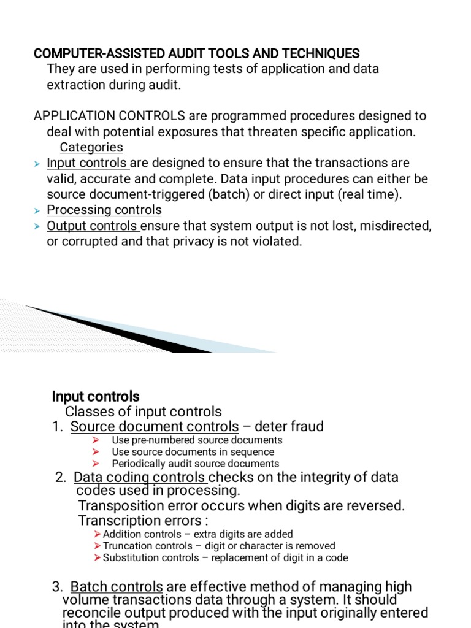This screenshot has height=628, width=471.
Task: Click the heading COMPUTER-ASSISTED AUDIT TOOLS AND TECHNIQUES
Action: [196, 53]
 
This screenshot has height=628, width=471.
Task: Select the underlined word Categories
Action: [91, 148]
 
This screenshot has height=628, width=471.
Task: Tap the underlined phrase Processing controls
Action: [104, 210]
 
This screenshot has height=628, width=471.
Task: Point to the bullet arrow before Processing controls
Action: [37, 211]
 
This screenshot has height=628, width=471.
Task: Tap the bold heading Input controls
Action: [96, 397]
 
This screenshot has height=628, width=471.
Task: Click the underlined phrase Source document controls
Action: [155, 427]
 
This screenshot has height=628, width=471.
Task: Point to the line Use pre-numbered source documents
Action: [197, 440]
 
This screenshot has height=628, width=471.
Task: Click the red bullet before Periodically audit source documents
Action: [95, 464]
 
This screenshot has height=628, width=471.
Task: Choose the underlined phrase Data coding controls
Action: [140, 477]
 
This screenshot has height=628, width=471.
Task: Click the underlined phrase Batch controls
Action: [117, 588]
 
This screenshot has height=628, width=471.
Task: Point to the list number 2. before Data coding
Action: [61, 477]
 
